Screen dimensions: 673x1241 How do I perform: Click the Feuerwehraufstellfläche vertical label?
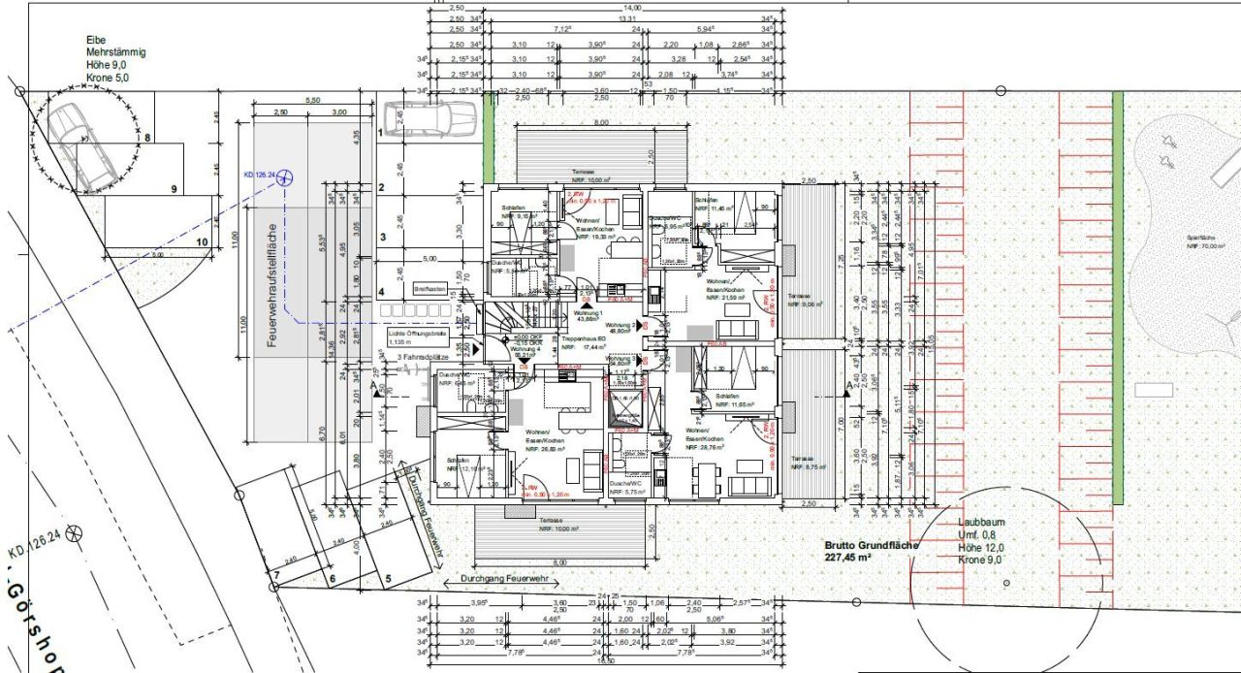tap(274, 282)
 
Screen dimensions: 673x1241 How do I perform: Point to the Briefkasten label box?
tap(430, 289)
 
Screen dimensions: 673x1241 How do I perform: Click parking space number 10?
tap(203, 242)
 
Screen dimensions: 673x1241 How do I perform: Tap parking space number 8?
tap(148, 139)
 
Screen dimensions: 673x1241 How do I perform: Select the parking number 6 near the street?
tap(332, 580)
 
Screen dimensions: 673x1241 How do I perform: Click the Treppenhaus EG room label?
tap(585, 341)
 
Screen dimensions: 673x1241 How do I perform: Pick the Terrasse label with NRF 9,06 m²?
tap(804, 302)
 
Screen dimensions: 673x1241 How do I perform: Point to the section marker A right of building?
tap(849, 387)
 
